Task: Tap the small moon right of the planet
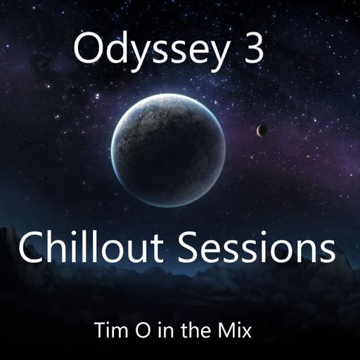[x=262, y=130]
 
